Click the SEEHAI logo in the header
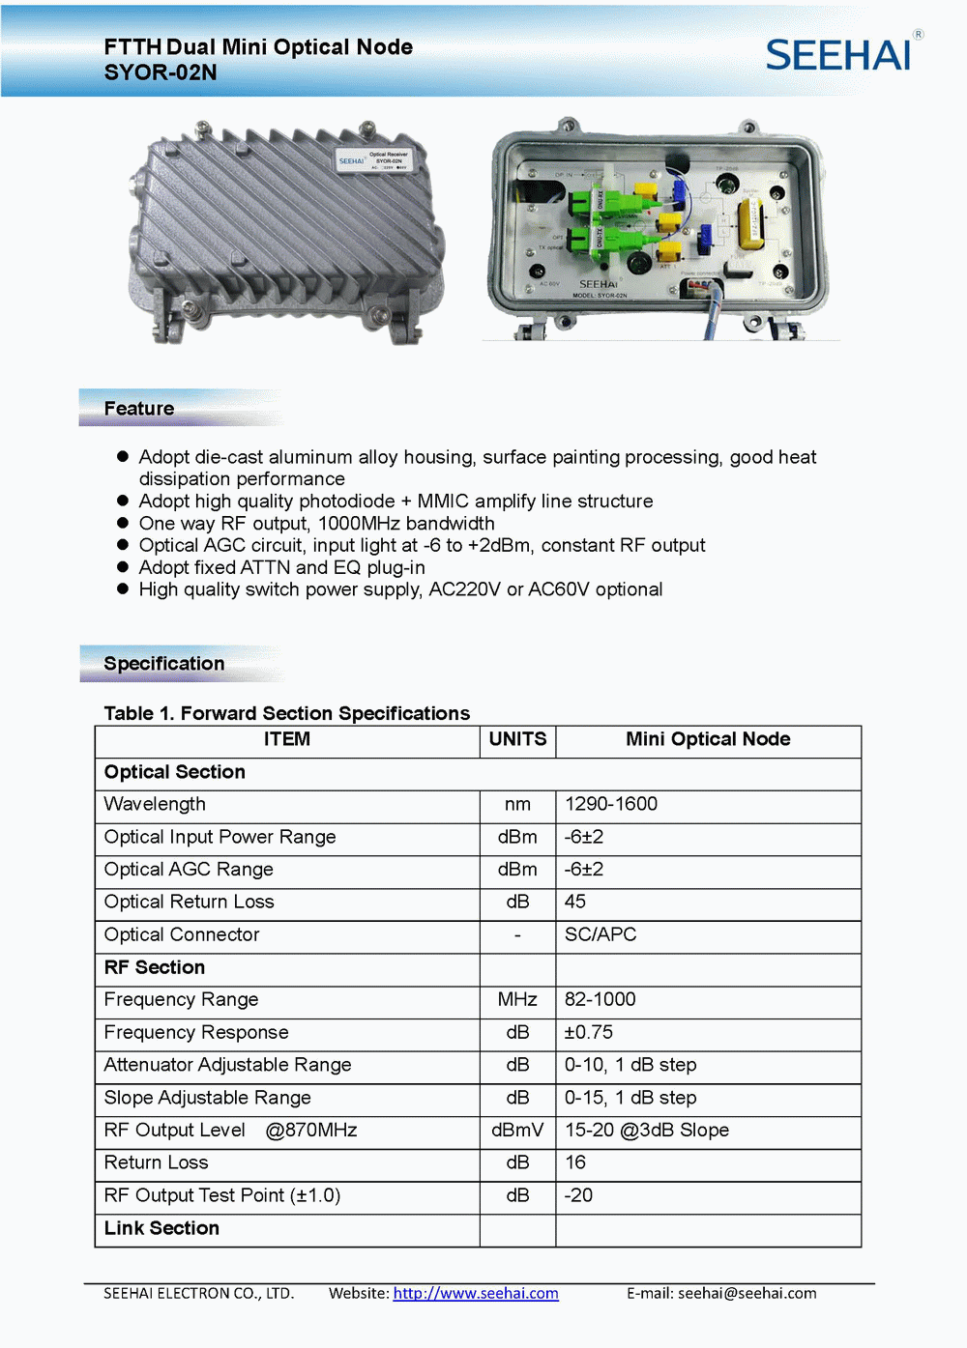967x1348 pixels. (x=838, y=55)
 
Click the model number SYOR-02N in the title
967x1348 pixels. (x=161, y=72)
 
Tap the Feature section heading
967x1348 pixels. (x=139, y=409)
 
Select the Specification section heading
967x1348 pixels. (x=164, y=664)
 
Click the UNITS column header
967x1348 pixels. (x=517, y=739)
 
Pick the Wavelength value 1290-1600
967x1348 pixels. (x=611, y=804)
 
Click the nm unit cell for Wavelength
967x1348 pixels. (x=517, y=804)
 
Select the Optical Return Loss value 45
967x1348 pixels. (x=575, y=902)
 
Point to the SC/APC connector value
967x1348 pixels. (x=601, y=934)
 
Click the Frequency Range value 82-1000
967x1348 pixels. (x=601, y=999)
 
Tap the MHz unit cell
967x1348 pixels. (x=517, y=999)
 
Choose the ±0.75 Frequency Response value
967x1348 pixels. (x=589, y=1032)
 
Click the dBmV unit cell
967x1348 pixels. (x=517, y=1130)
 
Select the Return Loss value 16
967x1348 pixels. (x=575, y=1162)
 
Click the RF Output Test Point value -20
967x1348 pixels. (x=579, y=1195)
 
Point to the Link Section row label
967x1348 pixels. (x=161, y=1228)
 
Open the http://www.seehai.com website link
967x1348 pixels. (x=476, y=1293)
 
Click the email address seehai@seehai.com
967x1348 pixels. (x=747, y=1293)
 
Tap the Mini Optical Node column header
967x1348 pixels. (x=708, y=739)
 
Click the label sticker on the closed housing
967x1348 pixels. (x=374, y=159)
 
